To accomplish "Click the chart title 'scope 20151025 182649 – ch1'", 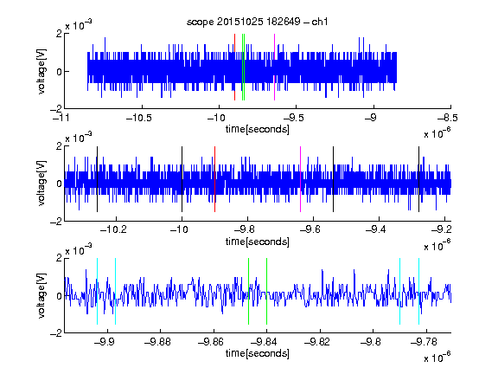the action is tap(258, 22).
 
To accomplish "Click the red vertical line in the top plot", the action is tap(234, 68).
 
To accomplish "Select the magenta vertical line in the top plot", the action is tap(274, 68).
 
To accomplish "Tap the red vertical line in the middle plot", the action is tap(214, 179).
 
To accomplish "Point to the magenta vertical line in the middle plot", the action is tap(301, 179).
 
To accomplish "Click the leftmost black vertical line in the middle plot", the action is tap(97, 179).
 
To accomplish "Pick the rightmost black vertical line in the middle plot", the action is tap(419, 179).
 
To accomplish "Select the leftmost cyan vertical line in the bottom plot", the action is tap(97, 291).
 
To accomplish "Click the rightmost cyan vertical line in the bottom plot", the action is tap(419, 291).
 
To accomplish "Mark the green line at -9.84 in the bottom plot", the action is tap(266, 291).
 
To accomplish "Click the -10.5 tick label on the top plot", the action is tap(139, 118).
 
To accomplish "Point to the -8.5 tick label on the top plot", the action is tap(448, 118).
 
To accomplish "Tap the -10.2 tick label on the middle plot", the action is tap(113, 229).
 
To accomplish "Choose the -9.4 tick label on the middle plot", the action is tap(376, 229).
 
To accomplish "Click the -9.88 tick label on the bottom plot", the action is tap(157, 342).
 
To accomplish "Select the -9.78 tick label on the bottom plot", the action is tap(424, 342).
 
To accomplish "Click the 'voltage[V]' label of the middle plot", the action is tap(41, 184).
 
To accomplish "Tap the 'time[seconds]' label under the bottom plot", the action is tap(258, 353).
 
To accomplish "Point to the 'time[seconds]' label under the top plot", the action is tap(258, 129).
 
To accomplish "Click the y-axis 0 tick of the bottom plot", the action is tap(59, 296).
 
